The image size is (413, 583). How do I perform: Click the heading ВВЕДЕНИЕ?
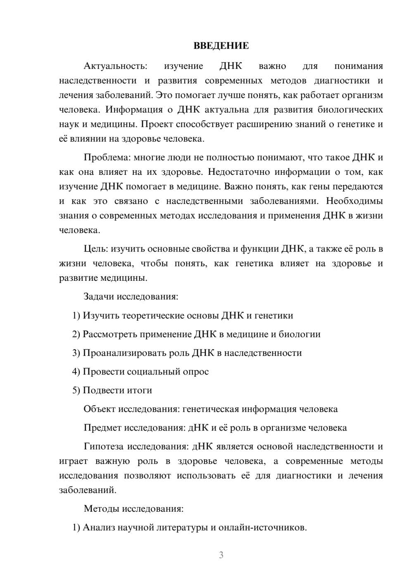coord(221,46)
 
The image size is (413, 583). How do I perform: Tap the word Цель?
coord(96,249)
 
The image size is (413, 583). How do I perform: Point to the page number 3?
coord(221,555)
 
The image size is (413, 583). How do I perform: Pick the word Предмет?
coord(102,428)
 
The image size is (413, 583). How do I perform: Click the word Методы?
coord(101,509)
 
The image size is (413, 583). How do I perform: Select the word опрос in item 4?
coord(195,371)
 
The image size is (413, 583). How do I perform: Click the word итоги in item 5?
coord(139,390)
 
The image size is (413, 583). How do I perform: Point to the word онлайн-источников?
coord(262,527)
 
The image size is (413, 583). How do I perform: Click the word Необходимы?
coord(354,201)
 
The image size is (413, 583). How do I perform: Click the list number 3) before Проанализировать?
coord(76,353)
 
